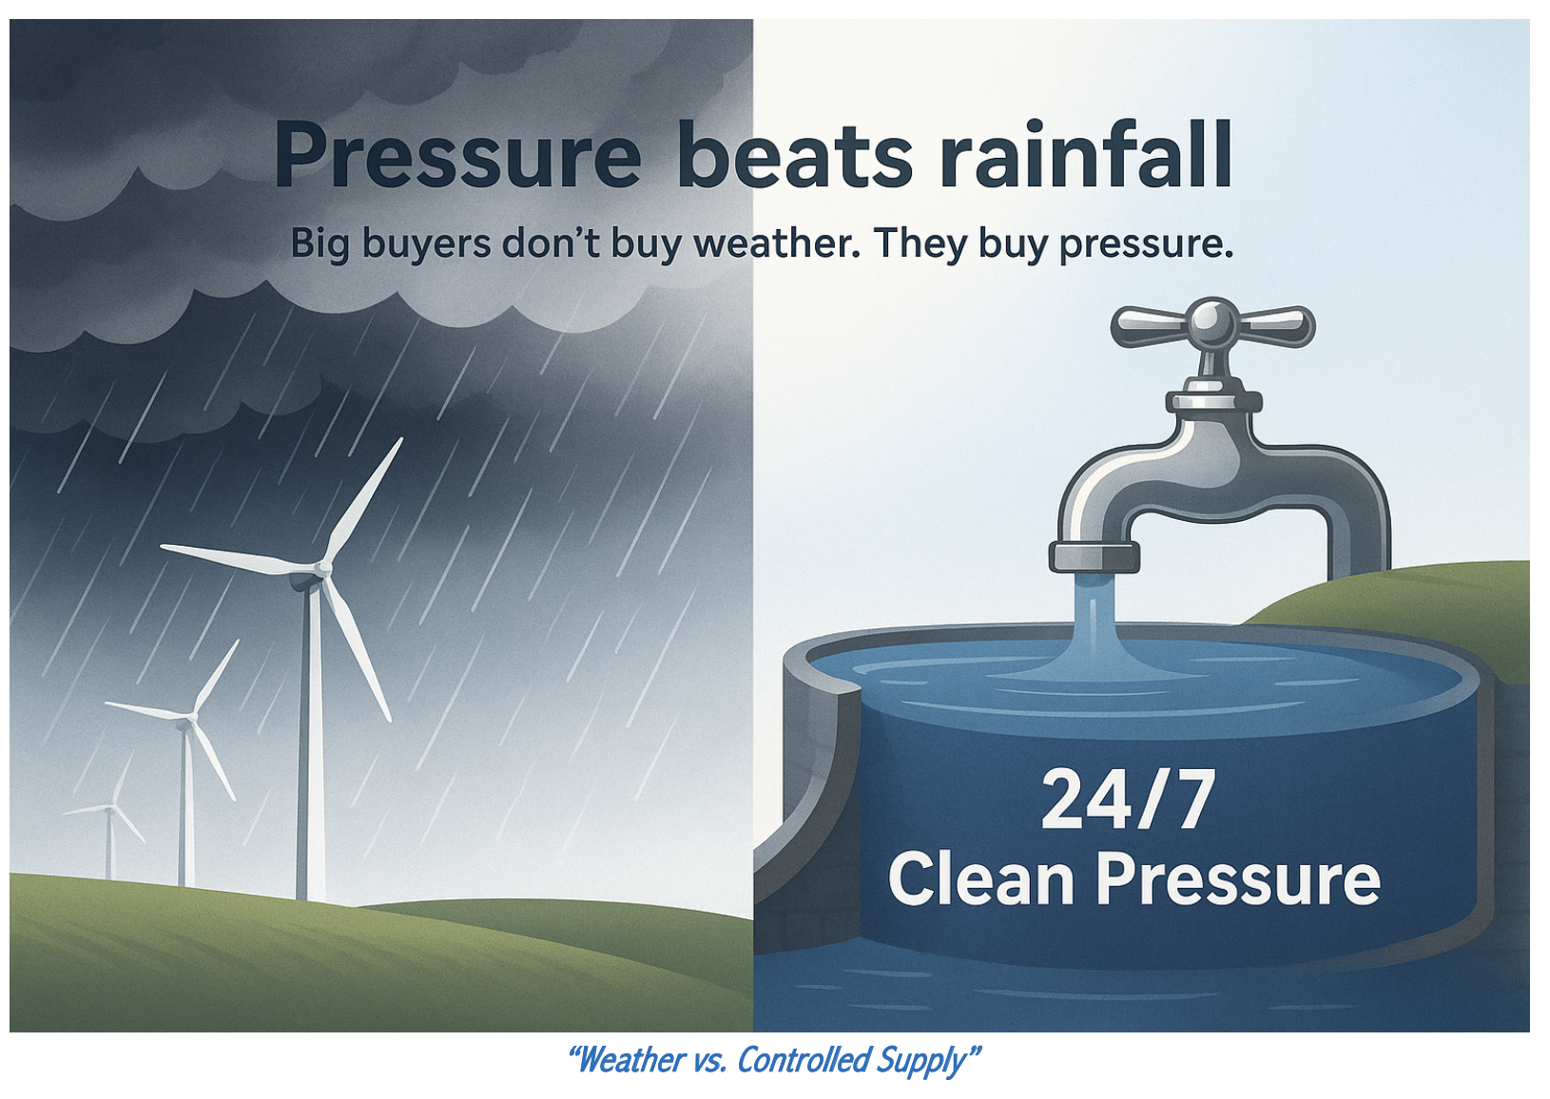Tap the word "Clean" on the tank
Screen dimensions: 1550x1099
[x=979, y=879]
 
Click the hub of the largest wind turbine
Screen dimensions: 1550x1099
[x=321, y=569]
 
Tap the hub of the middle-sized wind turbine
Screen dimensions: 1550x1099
[x=191, y=719]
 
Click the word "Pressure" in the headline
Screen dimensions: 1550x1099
[x=458, y=155]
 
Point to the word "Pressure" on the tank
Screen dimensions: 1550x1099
[x=1238, y=879]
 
